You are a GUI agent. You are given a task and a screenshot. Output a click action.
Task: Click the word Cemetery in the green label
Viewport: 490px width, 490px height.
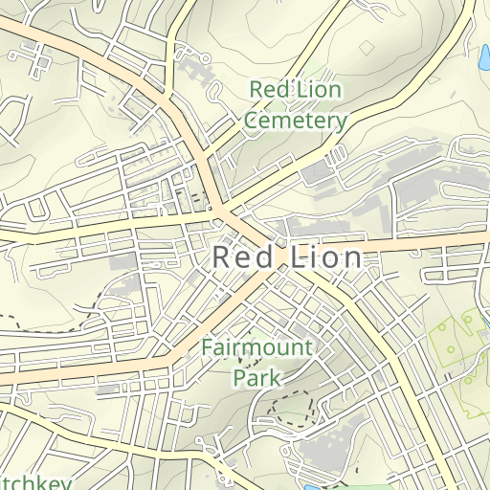[296, 122]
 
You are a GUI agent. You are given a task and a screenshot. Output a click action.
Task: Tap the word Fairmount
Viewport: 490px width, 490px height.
[256, 346]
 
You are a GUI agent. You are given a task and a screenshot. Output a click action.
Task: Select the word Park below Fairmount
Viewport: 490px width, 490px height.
[256, 377]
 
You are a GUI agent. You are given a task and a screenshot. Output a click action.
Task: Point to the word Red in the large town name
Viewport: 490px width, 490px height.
[242, 257]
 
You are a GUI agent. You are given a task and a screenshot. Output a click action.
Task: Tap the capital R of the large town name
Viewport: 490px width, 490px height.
[220, 257]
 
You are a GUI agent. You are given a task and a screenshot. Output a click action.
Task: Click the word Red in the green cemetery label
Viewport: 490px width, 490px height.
[269, 90]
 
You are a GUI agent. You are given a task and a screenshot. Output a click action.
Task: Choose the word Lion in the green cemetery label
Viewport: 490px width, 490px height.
[320, 90]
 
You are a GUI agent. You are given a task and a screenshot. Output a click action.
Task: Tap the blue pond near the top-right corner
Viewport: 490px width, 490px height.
[479, 64]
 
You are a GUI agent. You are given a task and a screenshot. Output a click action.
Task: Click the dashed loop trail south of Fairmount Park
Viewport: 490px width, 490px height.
[291, 408]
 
